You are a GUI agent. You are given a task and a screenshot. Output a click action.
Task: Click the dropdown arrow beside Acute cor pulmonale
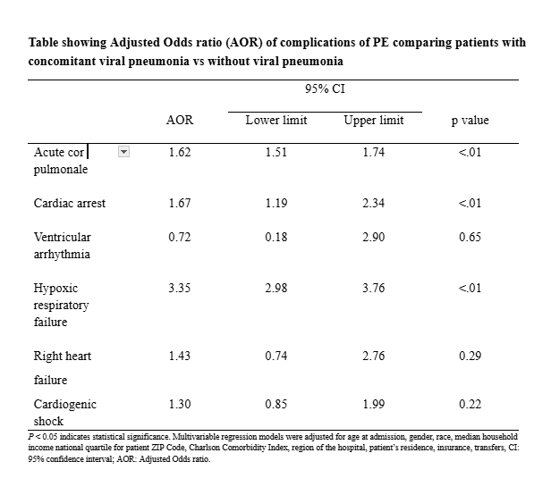coord(125,153)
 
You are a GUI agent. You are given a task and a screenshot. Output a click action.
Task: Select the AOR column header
coord(180,121)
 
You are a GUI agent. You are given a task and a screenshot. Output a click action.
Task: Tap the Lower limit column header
coord(275,121)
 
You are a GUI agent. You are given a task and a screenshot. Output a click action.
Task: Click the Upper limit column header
coord(373,121)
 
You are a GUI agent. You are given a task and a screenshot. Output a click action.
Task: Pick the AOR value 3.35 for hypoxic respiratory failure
coord(180,289)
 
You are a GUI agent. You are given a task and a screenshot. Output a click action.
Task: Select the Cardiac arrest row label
coord(70,203)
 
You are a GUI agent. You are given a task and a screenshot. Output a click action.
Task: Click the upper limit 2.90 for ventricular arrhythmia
coord(373,238)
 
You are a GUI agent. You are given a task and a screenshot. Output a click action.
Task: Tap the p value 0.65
coord(470,238)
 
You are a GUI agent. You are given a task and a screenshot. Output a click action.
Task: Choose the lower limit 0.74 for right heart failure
coord(275,356)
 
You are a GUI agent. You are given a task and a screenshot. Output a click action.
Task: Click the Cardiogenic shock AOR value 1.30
coord(180,404)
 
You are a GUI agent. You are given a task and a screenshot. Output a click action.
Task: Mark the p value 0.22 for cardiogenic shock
coord(470,404)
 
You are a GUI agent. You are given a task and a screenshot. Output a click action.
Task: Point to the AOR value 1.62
coord(180,153)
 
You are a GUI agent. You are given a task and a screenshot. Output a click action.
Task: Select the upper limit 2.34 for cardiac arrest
coord(373,203)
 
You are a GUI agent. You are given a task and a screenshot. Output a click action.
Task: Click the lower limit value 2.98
coord(275,289)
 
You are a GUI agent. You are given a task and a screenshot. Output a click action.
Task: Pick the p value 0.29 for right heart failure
coord(470,356)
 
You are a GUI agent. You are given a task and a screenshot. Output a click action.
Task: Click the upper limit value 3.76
coord(373,289)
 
